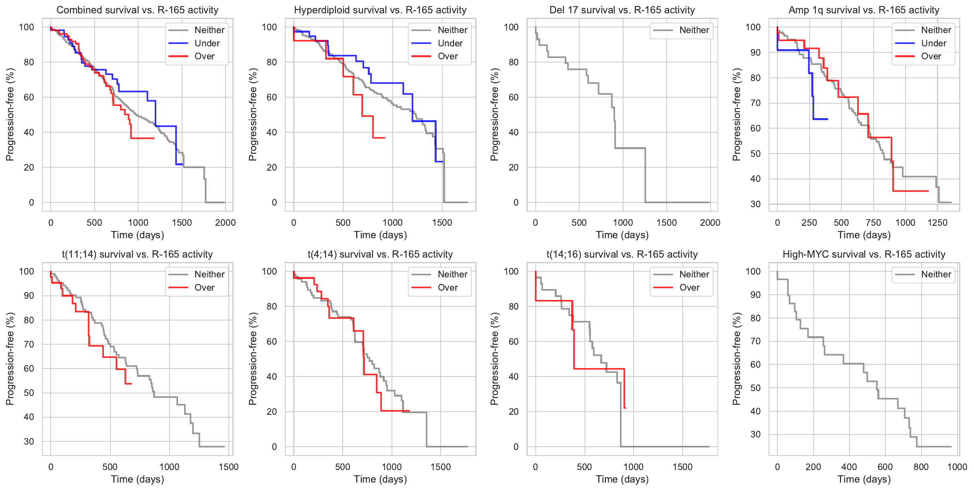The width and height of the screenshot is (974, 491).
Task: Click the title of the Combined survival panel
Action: tap(137, 10)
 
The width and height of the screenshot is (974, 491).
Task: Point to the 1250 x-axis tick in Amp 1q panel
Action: tap(937, 223)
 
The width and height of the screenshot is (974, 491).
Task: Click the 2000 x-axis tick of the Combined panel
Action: tap(225, 223)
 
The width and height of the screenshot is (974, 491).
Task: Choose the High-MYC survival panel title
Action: tap(864, 254)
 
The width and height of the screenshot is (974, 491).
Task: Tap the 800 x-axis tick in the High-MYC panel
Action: tap(921, 467)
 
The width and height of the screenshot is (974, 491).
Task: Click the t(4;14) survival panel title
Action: tap(380, 254)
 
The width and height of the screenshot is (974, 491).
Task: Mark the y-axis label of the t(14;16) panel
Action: tap(495, 359)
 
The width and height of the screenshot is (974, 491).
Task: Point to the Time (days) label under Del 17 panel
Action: tap(622, 235)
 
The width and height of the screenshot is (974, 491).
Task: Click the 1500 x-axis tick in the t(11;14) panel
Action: tap(228, 467)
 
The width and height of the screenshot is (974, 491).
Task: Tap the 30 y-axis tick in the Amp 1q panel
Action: tap(755, 204)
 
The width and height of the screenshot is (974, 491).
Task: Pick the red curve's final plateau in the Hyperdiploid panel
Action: tap(379, 138)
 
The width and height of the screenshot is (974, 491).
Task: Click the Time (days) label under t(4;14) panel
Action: tap(380, 479)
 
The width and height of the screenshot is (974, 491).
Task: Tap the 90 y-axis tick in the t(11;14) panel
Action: tap(29, 296)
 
